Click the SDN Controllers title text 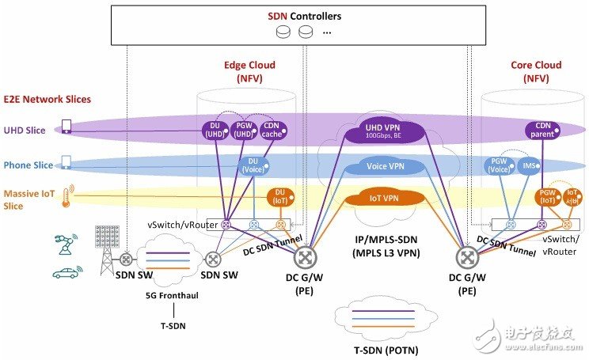[294, 15]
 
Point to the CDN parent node [542, 130]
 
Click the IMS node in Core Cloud [530, 165]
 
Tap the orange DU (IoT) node [279, 195]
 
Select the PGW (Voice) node [500, 165]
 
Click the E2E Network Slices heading [48, 99]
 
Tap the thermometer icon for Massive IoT [67, 194]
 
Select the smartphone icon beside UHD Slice [66, 127]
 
